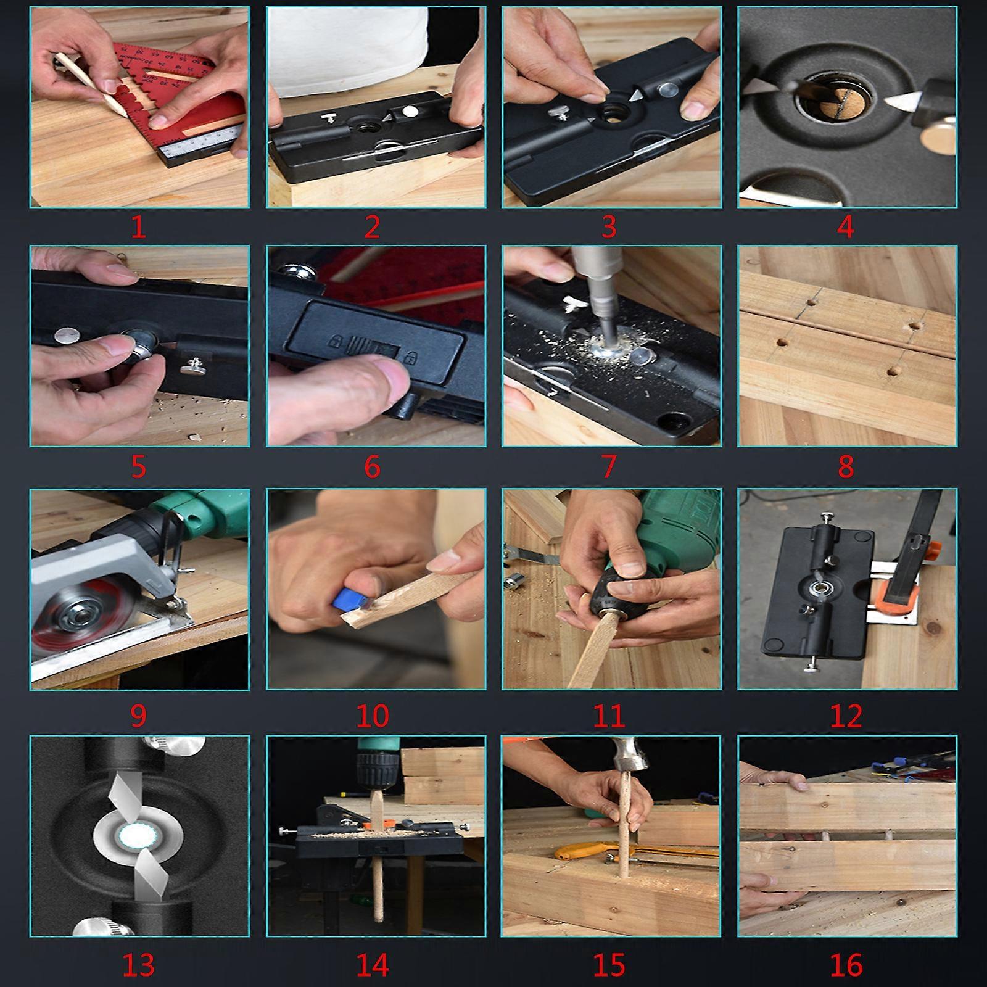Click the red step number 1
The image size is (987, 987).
point(138,228)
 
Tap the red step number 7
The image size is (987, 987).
point(608,467)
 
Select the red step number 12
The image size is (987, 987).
point(846,716)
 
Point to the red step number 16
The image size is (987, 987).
point(846,965)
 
